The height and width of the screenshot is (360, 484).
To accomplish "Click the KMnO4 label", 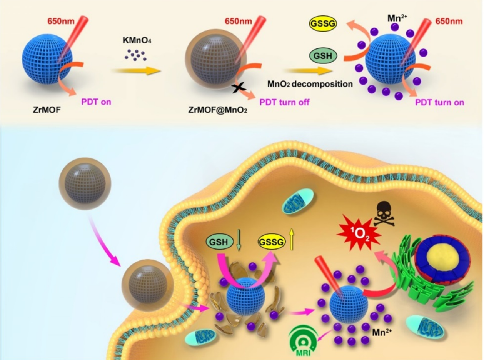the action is (137, 40).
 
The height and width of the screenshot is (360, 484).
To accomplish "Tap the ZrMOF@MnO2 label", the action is (217, 110).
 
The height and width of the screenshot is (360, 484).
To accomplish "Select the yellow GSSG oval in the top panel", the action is (323, 23).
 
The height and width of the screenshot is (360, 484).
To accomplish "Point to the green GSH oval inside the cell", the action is (219, 242).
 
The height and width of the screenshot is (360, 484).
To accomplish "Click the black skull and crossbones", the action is (384, 214).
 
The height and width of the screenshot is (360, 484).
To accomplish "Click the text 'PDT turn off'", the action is (284, 102).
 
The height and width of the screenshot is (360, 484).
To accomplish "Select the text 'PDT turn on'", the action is (439, 103).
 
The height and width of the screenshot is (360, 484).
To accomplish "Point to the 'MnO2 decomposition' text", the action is (310, 84).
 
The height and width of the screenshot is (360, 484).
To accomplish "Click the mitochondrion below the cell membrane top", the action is (298, 201).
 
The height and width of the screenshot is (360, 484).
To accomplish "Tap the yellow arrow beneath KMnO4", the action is (136, 71).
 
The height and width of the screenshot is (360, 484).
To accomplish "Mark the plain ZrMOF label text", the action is (47, 110).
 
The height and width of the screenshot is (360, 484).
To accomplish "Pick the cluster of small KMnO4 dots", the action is (135, 55).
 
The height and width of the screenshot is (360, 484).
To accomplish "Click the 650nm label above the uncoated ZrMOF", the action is (61, 21).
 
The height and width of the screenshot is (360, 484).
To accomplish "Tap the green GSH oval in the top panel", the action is (323, 56).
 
